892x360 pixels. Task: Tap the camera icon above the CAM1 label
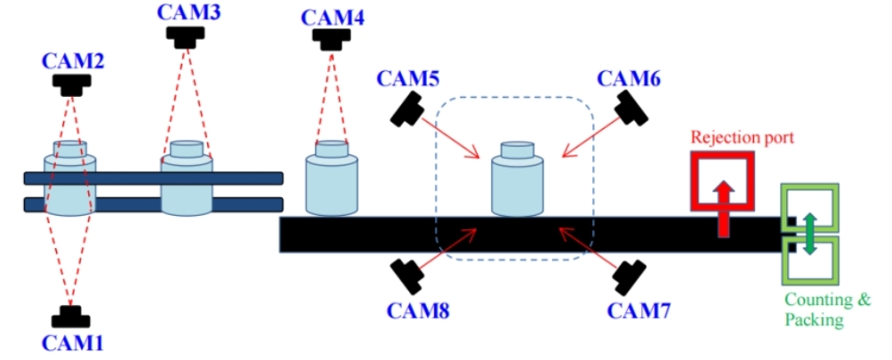68,316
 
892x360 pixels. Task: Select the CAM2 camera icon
72,84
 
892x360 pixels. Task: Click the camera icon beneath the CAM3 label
187,35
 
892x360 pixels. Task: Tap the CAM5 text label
408,78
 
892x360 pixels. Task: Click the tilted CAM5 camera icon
409,110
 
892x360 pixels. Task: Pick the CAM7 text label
632,311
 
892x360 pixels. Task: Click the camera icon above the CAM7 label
629,276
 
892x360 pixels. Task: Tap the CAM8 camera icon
409,276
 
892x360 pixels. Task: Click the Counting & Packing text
826,309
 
